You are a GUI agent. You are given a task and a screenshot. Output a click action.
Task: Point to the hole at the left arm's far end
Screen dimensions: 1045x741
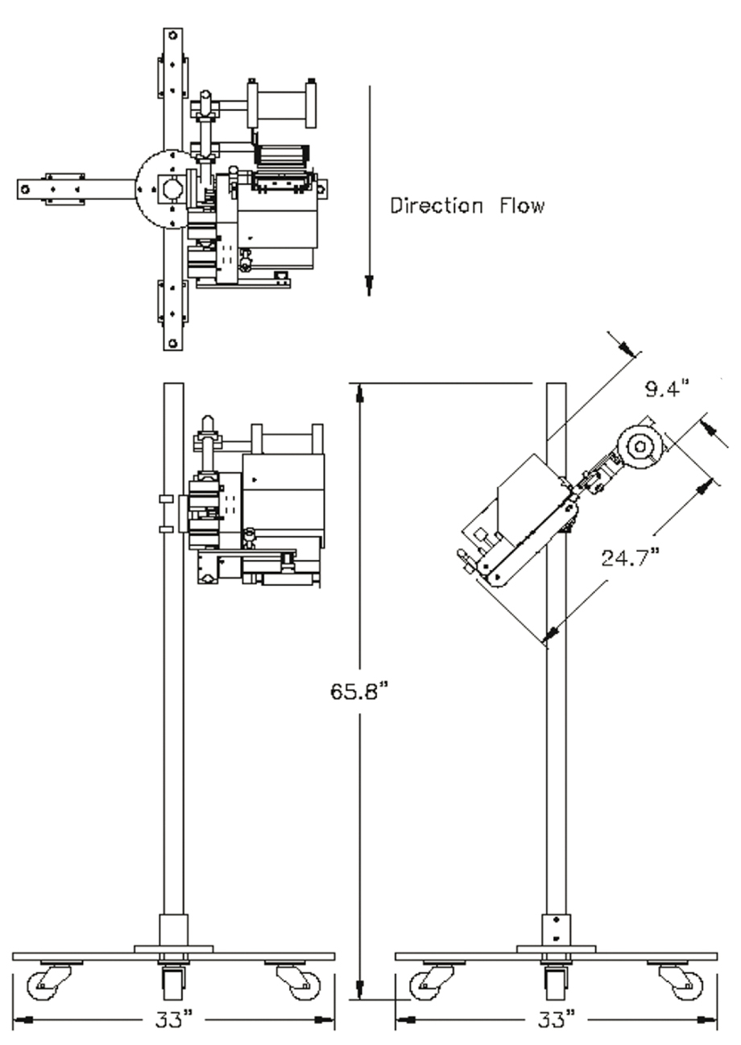click(26, 189)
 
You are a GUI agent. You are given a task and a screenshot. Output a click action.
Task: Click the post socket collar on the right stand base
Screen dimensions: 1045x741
click(556, 930)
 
